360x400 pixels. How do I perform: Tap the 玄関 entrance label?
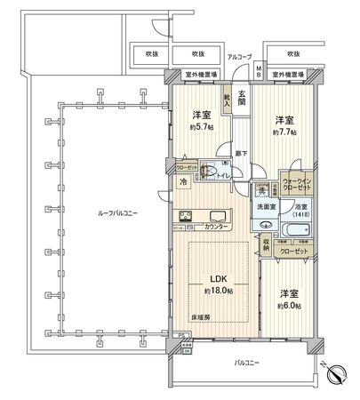point(241,84)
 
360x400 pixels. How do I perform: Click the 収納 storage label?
point(266,249)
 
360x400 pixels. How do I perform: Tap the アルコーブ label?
point(237,56)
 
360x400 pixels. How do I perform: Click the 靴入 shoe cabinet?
point(228,101)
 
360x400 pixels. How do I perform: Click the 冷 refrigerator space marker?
point(183,182)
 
